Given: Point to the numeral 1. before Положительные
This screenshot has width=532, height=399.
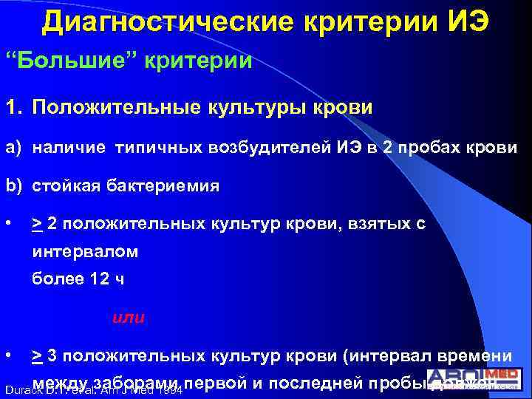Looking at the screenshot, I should point(13,109).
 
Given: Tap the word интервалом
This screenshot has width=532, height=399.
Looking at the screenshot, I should point(86,252).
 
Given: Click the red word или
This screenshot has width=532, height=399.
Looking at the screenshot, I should point(129,318).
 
